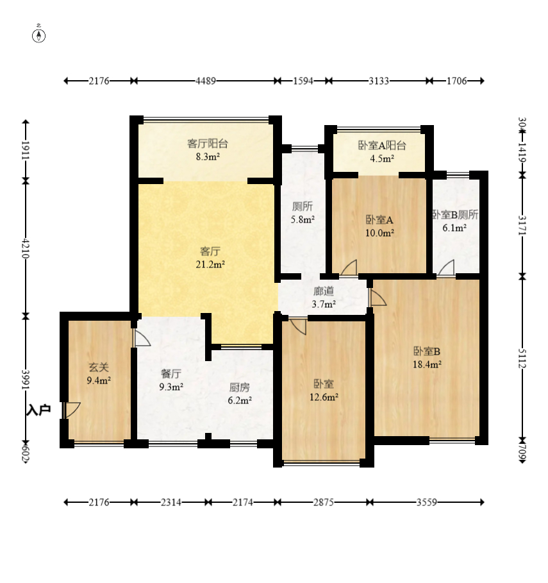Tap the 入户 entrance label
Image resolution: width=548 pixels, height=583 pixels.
point(38,410)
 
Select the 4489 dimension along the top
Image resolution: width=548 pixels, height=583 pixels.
point(206,81)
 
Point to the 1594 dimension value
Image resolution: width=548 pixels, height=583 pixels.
point(303,81)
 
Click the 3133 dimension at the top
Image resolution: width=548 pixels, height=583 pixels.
point(379,81)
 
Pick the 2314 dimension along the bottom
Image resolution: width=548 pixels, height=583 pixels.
point(171,503)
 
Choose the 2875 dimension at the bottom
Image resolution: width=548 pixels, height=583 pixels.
point(323,503)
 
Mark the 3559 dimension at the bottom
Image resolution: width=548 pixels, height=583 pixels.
point(426,503)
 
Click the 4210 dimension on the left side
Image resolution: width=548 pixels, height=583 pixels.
point(25,248)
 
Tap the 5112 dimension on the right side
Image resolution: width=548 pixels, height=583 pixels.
point(522,359)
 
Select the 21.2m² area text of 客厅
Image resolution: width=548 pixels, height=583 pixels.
point(210,264)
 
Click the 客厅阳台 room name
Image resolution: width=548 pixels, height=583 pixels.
point(207,144)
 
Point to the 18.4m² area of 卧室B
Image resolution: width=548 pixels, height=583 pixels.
point(427,364)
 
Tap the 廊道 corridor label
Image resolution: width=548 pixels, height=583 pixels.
point(324,291)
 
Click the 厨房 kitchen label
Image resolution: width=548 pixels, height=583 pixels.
point(239,387)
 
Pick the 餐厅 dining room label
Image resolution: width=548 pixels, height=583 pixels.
point(171,373)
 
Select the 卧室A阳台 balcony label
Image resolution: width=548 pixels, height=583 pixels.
point(382,146)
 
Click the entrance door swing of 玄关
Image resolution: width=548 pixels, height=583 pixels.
point(71,410)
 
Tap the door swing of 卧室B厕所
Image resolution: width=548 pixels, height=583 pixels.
point(446,267)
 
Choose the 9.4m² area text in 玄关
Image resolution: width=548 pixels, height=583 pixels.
point(99,380)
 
